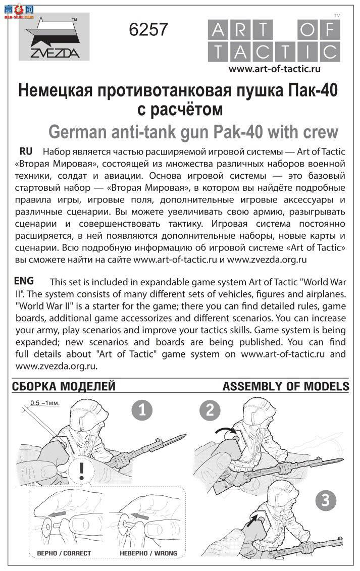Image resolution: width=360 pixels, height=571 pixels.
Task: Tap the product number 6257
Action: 148,30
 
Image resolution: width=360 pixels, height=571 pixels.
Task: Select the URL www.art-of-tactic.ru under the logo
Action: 275,69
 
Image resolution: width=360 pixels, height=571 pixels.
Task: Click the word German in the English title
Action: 79,132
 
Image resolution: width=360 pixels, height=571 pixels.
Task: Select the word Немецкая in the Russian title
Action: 55,91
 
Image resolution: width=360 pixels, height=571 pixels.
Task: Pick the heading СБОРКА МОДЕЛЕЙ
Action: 64,387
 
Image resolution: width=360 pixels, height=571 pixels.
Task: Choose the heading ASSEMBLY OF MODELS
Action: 286,387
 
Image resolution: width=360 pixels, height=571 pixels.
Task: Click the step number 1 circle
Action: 142,410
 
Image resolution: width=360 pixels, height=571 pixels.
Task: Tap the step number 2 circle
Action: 210,410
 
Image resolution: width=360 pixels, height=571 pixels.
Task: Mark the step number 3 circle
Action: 326,500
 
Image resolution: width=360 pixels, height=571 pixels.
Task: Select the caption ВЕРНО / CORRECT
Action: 64,553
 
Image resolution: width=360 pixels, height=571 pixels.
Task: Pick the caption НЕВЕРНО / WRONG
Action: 148,553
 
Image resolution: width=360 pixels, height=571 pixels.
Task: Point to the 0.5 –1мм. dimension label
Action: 45,403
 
